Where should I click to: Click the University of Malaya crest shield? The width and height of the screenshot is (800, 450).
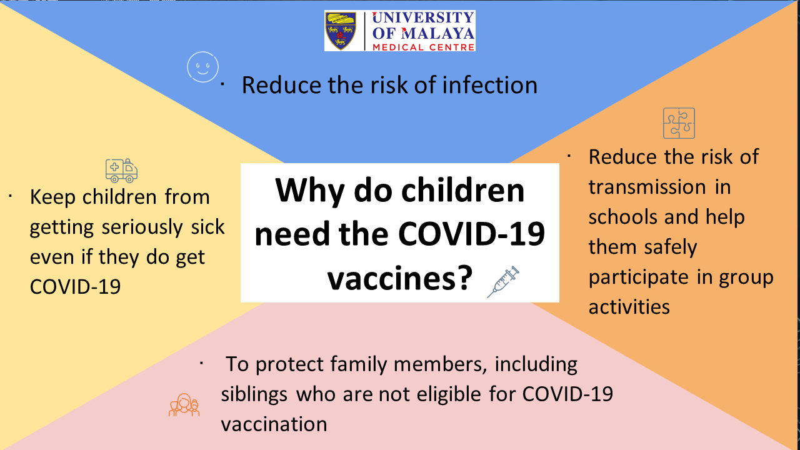tap(341, 31)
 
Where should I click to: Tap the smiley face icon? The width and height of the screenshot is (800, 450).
tap(203, 67)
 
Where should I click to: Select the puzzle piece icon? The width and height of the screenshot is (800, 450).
tap(679, 123)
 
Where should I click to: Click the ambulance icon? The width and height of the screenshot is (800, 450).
tap(121, 171)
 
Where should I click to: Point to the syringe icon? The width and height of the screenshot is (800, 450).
tap(503, 282)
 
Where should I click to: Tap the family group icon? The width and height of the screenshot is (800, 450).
tap(184, 405)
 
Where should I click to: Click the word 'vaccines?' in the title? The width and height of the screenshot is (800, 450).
tap(400, 278)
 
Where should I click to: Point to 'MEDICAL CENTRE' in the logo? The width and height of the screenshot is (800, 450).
tap(424, 47)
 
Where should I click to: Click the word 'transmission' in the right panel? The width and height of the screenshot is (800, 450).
tap(647, 187)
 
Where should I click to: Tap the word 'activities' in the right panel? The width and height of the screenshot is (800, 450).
tap(629, 307)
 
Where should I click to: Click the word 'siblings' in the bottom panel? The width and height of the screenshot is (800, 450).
tap(254, 394)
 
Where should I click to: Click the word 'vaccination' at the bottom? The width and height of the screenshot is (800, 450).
tap(274, 424)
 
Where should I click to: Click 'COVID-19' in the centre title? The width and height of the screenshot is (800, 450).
tap(471, 234)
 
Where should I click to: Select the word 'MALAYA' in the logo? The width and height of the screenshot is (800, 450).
tap(438, 33)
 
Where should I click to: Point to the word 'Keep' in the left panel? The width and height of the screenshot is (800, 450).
tap(52, 197)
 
